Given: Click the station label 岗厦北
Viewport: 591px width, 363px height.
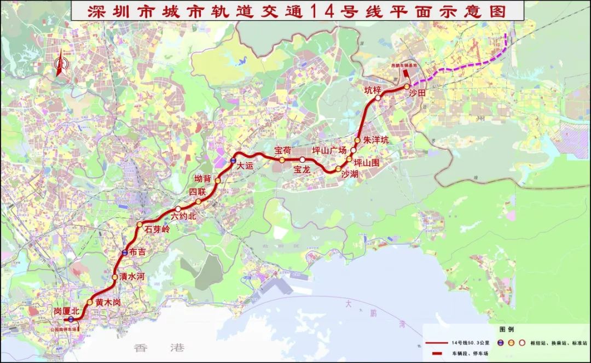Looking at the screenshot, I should [66, 311].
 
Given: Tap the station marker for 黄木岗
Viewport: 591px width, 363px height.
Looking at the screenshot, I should [90, 302].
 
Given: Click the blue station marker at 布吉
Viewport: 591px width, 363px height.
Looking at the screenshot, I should [125, 252].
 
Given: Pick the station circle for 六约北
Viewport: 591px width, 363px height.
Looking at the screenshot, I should [178, 209].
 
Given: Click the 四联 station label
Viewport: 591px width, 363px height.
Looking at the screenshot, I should [197, 192].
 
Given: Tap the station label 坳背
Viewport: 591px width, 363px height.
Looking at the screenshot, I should [203, 178].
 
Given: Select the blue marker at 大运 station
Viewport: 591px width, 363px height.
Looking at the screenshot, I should [233, 161].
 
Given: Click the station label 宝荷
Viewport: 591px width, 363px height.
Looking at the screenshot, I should [283, 150].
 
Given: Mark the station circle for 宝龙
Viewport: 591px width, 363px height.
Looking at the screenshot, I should [303, 160].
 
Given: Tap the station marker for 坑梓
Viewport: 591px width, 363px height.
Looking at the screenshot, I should [378, 98].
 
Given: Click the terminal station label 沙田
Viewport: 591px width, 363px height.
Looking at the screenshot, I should [417, 93].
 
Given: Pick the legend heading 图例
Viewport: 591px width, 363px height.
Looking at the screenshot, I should [507, 330].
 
